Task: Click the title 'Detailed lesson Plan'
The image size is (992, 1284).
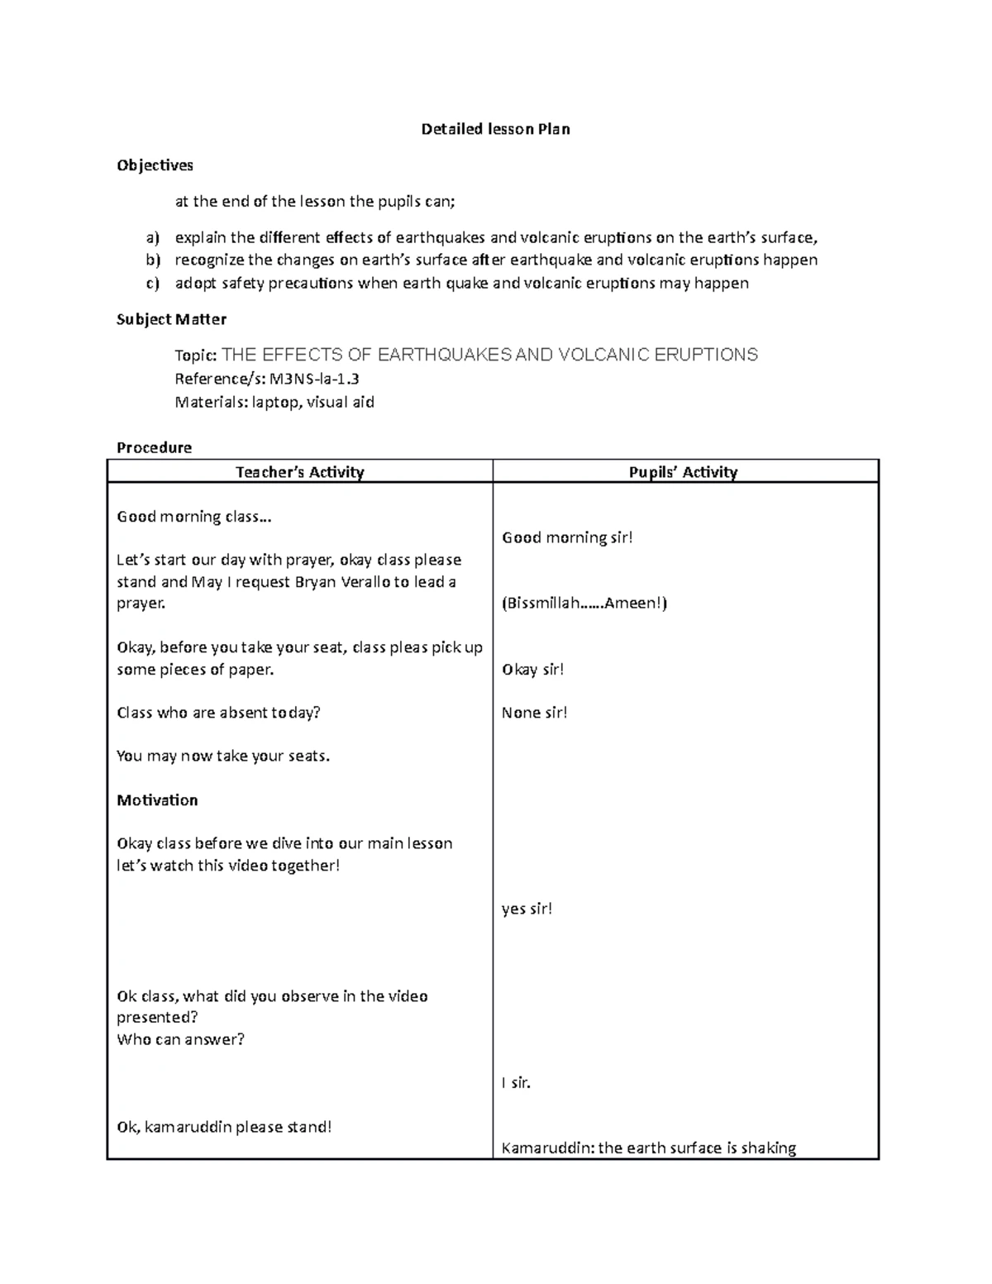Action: pyautogui.click(x=495, y=129)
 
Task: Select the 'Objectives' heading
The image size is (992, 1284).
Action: pyautogui.click(x=155, y=165)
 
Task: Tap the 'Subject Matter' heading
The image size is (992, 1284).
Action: pyautogui.click(x=171, y=319)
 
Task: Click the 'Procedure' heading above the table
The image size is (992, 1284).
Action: pyautogui.click(x=154, y=447)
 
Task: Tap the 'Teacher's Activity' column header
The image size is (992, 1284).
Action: pyautogui.click(x=299, y=472)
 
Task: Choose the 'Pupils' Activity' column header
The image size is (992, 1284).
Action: pyautogui.click(x=683, y=472)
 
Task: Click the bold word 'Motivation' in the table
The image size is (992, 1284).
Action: pyautogui.click(x=157, y=800)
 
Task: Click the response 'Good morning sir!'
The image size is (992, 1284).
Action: pyautogui.click(x=567, y=537)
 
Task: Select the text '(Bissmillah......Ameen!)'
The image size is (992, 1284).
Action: pyautogui.click(x=584, y=603)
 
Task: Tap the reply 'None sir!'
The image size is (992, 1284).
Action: pyautogui.click(x=534, y=713)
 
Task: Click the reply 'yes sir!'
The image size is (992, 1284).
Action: pyautogui.click(x=527, y=909)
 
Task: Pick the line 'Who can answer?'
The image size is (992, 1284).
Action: pyautogui.click(x=180, y=1039)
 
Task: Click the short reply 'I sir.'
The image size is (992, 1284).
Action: pyautogui.click(x=516, y=1082)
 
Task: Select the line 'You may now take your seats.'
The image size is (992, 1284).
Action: pyautogui.click(x=223, y=756)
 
